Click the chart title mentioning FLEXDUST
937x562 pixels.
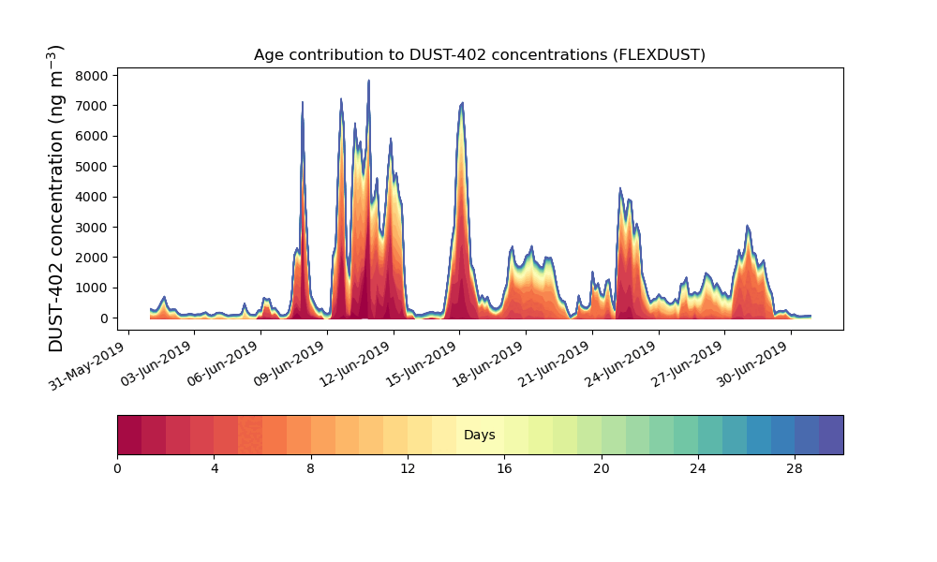pos(480,55)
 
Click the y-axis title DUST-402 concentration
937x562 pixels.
pos(57,199)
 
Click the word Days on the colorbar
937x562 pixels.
pos(480,436)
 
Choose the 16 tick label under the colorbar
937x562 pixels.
pos(504,468)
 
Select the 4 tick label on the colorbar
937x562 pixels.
pos(214,468)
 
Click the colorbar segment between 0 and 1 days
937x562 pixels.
pos(129,435)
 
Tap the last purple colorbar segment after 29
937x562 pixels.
pos(831,435)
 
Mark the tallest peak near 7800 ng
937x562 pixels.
pos(369,81)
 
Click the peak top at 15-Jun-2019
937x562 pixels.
pos(462,103)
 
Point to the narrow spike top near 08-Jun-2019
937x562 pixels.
pos(303,102)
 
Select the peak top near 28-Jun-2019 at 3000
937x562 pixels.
pos(748,226)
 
